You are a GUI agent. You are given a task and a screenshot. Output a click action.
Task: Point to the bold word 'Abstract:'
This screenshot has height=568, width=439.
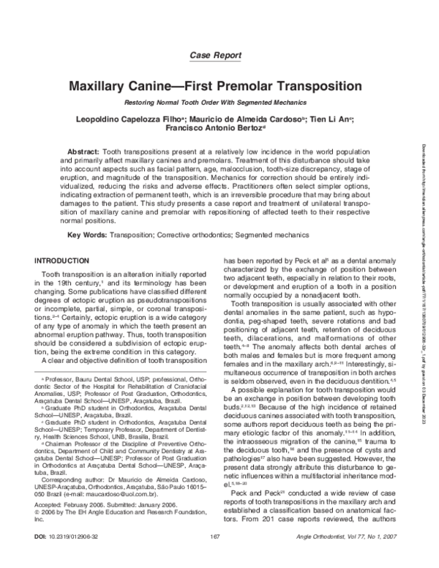click(83, 150)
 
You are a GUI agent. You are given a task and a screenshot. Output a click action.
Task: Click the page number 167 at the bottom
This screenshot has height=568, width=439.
click(215, 557)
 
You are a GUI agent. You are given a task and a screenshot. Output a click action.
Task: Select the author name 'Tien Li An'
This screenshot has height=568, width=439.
click(326, 117)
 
